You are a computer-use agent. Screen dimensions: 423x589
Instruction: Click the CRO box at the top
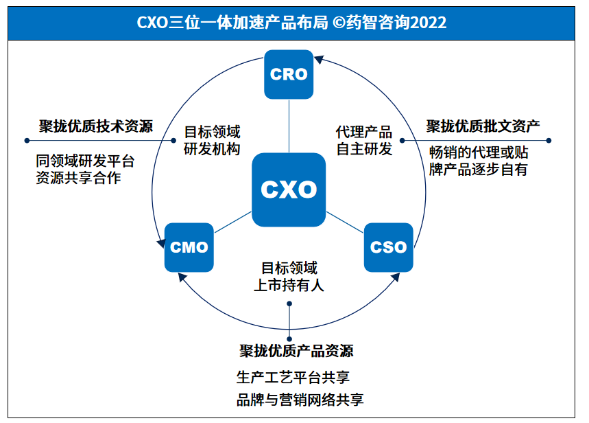[289, 74]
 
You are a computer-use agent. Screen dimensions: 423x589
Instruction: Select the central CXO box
[289, 190]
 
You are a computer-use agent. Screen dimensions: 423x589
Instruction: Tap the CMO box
[189, 247]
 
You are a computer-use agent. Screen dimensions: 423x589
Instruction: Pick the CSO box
[388, 247]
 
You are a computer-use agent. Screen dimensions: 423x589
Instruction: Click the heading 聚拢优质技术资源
[95, 126]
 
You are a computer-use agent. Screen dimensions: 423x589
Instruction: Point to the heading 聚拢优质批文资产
[483, 126]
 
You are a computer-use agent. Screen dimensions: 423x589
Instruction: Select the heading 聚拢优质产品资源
[296, 352]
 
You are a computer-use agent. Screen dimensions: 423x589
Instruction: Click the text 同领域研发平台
[85, 161]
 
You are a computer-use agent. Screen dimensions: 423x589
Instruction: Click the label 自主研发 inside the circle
[364, 149]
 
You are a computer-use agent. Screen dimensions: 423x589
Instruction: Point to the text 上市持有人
[289, 286]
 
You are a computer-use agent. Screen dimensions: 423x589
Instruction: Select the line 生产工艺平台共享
[293, 378]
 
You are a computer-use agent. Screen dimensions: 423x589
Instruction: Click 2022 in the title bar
[428, 23]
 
